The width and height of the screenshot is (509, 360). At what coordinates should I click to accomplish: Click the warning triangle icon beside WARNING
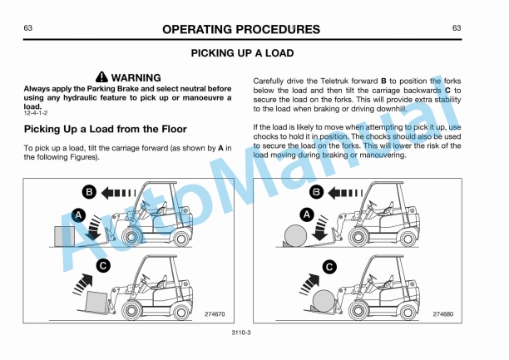[102, 77]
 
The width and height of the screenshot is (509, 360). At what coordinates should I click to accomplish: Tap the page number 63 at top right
[457, 28]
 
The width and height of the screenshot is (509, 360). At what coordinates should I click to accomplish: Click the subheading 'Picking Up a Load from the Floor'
[105, 130]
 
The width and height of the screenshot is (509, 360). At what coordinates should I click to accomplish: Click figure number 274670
[213, 313]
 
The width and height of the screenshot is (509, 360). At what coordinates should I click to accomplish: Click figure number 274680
[443, 313]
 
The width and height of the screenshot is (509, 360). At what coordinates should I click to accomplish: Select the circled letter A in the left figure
[80, 215]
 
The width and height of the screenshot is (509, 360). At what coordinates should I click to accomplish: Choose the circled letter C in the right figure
[329, 267]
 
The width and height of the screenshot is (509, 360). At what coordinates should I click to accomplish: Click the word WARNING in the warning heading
[137, 77]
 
